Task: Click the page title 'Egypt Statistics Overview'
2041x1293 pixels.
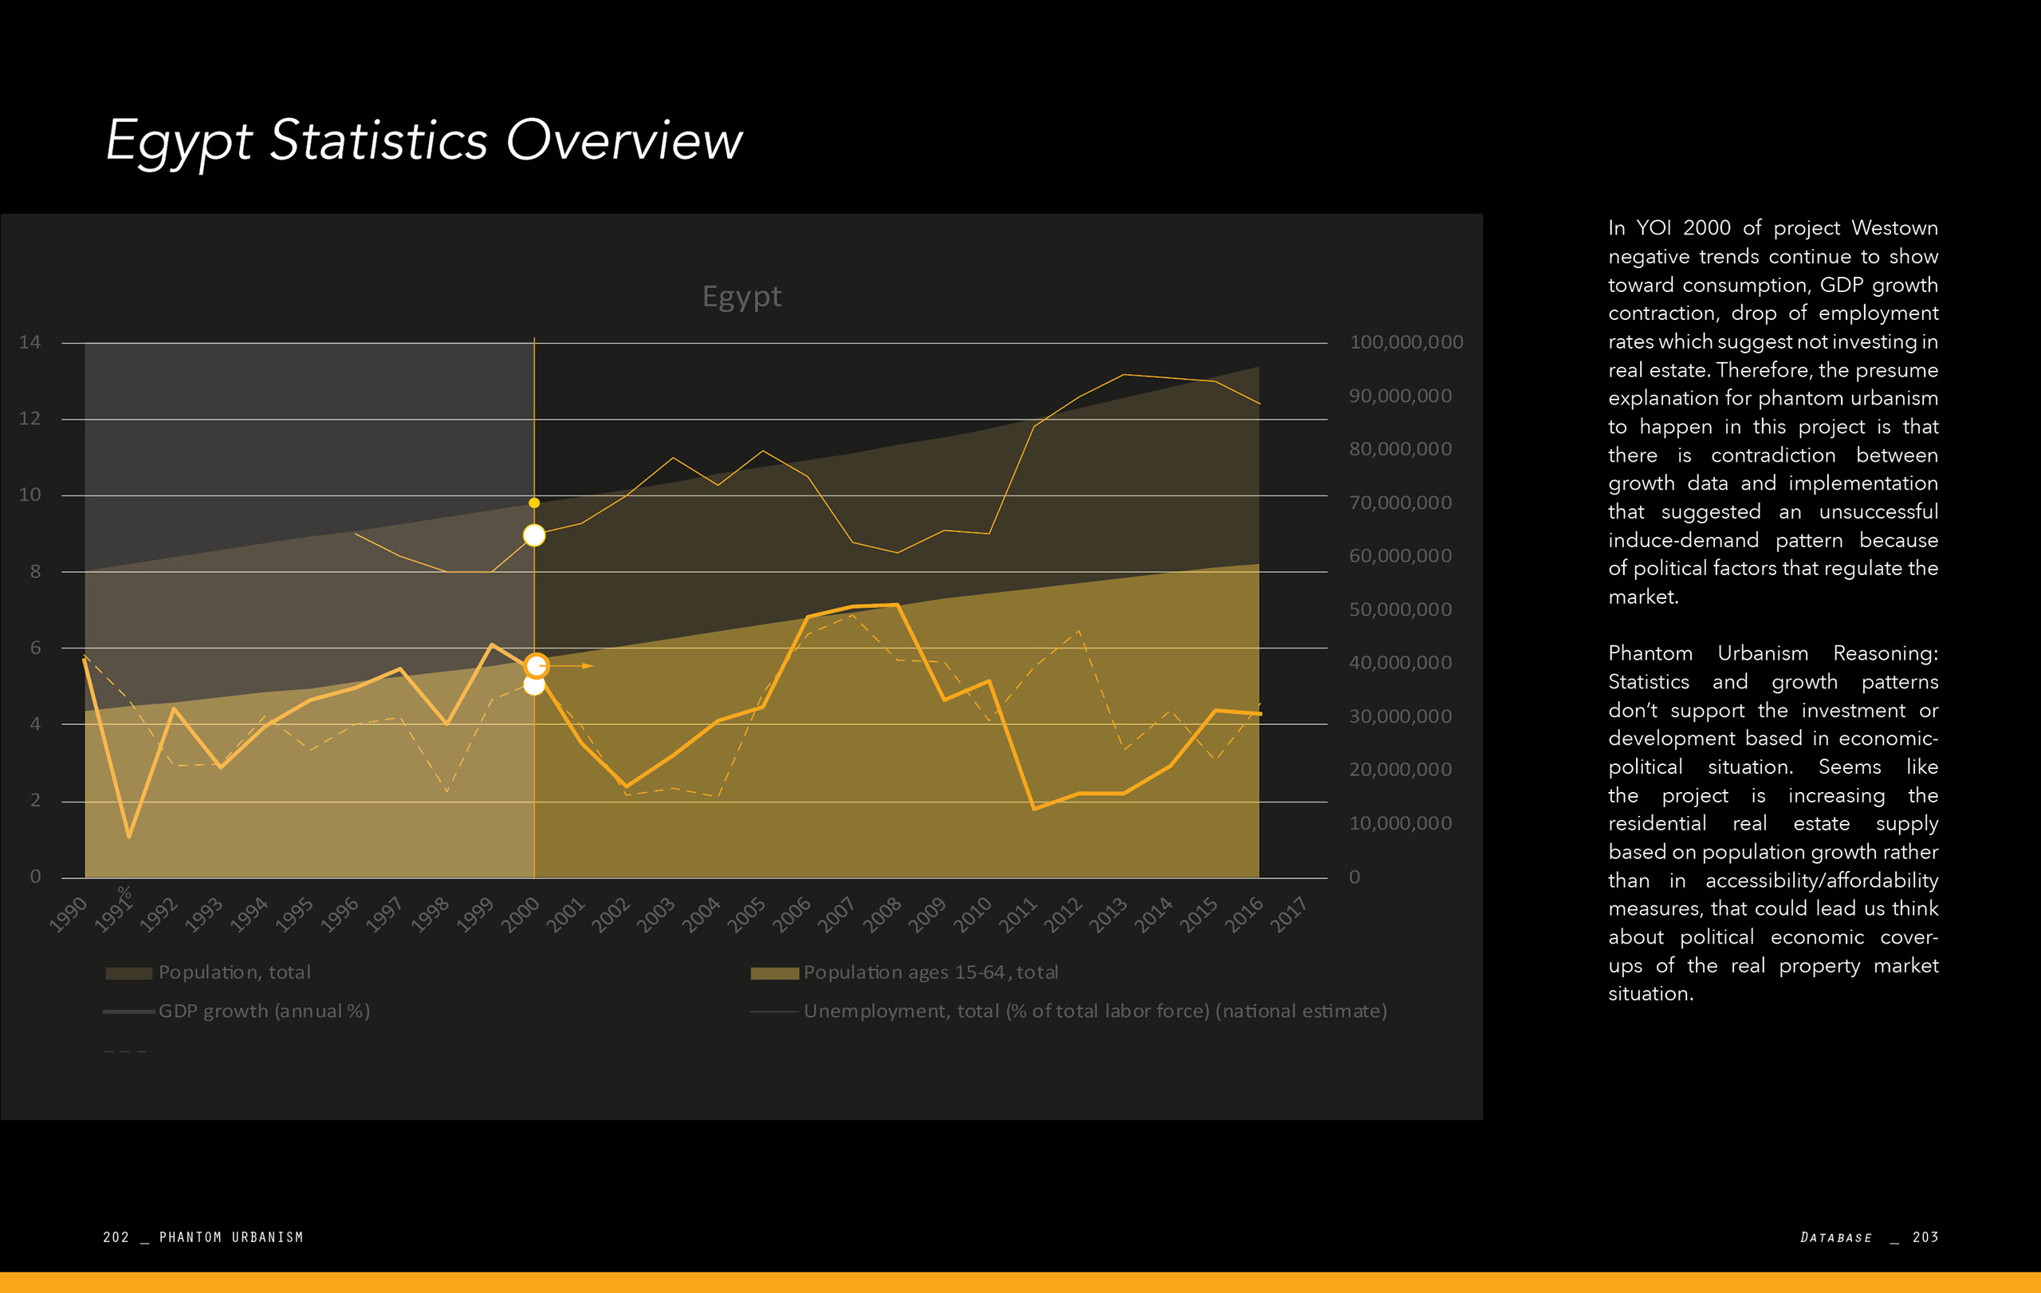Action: coord(424,140)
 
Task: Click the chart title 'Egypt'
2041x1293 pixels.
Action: coord(741,296)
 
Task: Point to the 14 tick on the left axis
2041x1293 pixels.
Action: coord(29,342)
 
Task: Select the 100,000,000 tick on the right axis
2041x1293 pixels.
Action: coord(1406,342)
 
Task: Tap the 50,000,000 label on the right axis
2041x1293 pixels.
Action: coord(1400,609)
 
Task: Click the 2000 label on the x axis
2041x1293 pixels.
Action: coord(521,915)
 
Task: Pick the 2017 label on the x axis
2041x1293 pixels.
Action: coord(1288,915)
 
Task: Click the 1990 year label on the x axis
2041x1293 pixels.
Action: coord(68,915)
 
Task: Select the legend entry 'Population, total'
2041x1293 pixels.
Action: coord(234,972)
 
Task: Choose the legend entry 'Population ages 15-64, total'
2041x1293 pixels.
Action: coord(930,972)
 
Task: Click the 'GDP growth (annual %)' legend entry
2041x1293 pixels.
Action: coord(264,1011)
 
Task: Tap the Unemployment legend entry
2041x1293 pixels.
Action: coord(1094,1011)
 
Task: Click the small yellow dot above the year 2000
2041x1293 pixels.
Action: coord(534,503)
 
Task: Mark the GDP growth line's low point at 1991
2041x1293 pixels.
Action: coord(129,837)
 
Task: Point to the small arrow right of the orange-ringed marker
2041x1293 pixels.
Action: coord(587,666)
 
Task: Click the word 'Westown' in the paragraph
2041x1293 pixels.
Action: coord(1894,228)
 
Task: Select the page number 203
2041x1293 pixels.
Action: coord(1925,1237)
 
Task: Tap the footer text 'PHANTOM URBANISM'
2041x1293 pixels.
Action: coord(231,1237)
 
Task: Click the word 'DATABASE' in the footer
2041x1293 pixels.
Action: coord(1836,1237)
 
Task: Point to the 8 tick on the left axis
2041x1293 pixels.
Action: coord(36,571)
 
